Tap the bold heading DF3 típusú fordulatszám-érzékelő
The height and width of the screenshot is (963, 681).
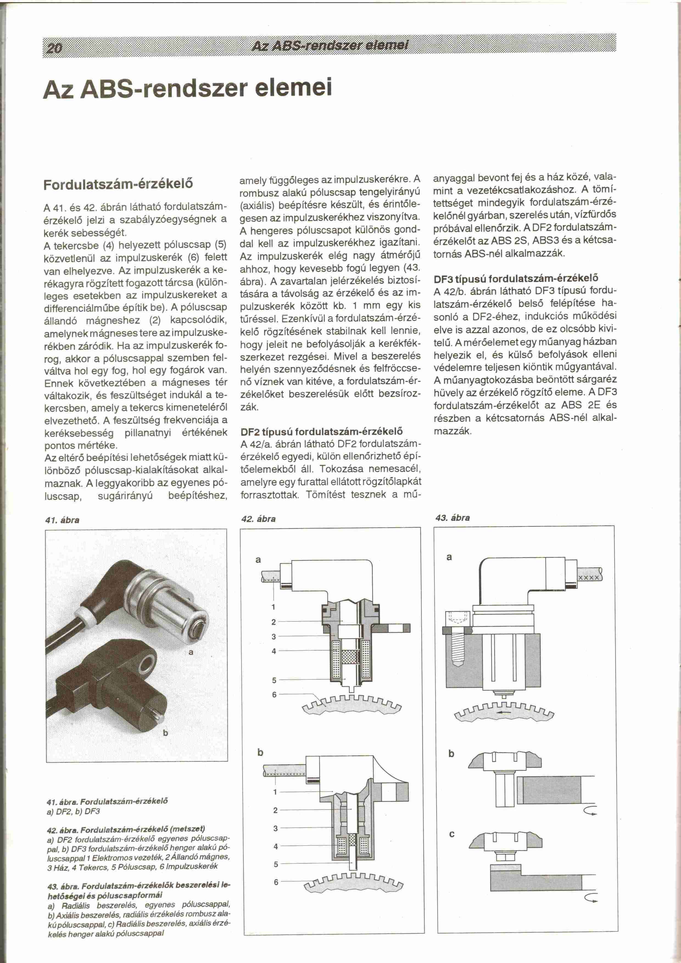pos(515,278)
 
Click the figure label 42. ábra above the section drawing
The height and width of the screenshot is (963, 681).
pos(258,519)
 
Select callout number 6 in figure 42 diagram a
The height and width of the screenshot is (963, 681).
pos(274,695)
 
